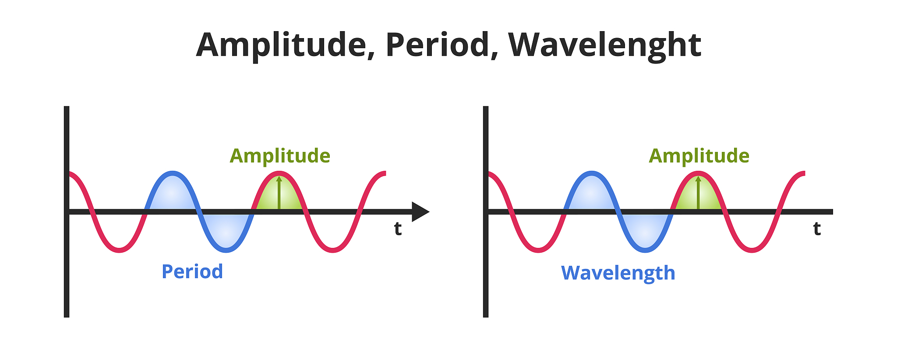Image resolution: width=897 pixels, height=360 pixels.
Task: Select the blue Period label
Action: tap(192, 272)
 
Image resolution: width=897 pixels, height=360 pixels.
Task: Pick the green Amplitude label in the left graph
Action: tap(280, 156)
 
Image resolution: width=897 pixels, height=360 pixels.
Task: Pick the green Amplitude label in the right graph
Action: tap(699, 156)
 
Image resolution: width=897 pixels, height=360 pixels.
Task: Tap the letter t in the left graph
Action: tap(398, 229)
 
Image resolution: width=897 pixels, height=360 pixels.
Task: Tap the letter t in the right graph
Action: tap(817, 229)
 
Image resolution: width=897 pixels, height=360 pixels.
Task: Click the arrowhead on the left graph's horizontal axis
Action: tap(420, 212)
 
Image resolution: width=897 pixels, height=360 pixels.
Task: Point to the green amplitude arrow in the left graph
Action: tap(279, 193)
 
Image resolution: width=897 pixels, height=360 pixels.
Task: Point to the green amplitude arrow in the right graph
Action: tap(698, 193)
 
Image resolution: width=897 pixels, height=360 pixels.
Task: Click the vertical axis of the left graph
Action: tap(67, 212)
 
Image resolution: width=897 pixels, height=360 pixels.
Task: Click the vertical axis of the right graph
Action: tap(486, 212)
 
